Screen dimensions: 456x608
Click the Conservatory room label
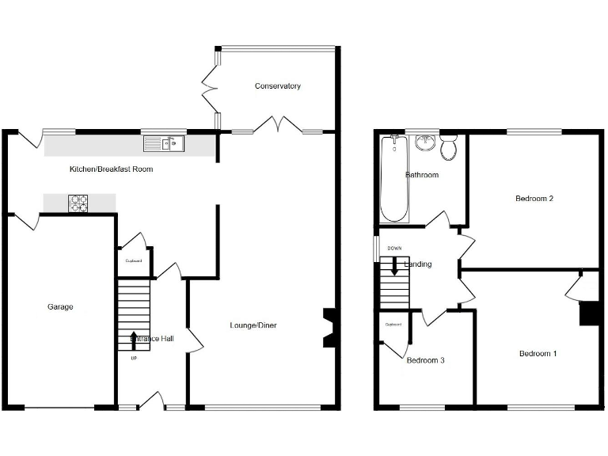(277, 85)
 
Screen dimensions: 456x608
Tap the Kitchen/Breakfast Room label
(111, 169)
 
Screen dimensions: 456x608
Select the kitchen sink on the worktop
(163, 143)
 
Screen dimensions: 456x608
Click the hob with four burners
(80, 203)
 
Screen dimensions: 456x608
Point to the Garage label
(59, 307)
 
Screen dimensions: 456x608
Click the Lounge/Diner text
(253, 325)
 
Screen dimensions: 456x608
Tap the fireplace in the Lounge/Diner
(330, 327)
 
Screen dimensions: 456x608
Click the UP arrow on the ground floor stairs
(133, 338)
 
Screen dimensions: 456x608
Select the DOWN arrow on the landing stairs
(393, 267)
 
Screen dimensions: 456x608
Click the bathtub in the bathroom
(394, 180)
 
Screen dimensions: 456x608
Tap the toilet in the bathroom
(449, 148)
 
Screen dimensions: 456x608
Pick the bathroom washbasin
(425, 142)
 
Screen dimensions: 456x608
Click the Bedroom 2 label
(534, 199)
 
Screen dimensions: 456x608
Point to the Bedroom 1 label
(538, 353)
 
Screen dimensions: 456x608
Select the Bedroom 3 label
(425, 360)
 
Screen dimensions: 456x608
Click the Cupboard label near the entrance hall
(133, 261)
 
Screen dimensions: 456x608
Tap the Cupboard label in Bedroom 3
(393, 325)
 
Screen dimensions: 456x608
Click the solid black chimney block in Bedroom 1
(589, 314)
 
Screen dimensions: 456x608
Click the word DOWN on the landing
(394, 249)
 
